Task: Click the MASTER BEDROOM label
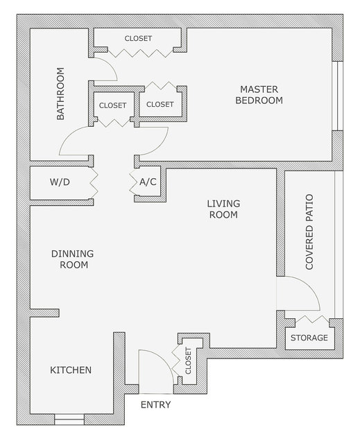point(259,95)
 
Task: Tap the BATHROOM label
point(60,94)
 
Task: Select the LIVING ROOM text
point(223,209)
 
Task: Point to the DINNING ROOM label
point(72,259)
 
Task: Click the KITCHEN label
point(71,370)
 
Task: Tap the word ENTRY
point(155,405)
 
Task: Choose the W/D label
point(60,182)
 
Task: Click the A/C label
point(148,182)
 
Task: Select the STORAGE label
point(309,338)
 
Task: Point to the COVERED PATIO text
point(309,232)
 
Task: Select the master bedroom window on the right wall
point(337,96)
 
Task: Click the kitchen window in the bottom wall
point(69,419)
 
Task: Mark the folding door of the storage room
point(312,320)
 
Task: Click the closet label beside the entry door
point(188,361)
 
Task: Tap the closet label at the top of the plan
point(138,38)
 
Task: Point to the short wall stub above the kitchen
point(44,313)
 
